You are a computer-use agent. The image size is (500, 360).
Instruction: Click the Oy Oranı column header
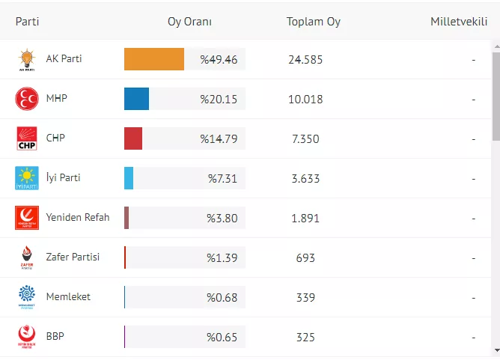[189, 22]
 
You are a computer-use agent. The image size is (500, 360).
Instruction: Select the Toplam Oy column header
[313, 22]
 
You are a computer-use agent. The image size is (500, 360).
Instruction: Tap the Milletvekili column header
[459, 22]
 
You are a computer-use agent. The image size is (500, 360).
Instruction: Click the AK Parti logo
[27, 59]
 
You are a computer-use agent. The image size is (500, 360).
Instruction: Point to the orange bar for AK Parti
[154, 59]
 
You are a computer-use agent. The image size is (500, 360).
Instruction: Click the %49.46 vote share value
[219, 59]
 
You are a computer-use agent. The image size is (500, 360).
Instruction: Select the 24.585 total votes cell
[305, 59]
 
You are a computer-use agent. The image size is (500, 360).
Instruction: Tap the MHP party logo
[27, 99]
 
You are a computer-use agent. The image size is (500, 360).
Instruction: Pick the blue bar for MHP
[136, 99]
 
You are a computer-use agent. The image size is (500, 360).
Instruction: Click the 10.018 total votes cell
[305, 99]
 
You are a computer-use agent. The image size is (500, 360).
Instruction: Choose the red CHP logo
[27, 138]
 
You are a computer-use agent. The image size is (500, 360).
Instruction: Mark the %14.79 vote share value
[219, 138]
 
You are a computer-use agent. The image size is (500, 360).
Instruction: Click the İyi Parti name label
[63, 178]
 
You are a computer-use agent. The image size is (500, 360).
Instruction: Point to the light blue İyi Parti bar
[129, 178]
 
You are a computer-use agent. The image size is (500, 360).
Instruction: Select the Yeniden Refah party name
[78, 218]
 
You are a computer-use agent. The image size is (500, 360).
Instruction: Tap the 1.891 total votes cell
[305, 219]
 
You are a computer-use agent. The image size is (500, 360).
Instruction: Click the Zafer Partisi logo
[27, 257]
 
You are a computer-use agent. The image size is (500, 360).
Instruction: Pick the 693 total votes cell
[305, 258]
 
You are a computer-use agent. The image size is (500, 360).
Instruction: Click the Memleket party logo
[27, 297]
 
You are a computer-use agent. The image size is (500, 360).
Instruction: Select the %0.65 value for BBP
[222, 338]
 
